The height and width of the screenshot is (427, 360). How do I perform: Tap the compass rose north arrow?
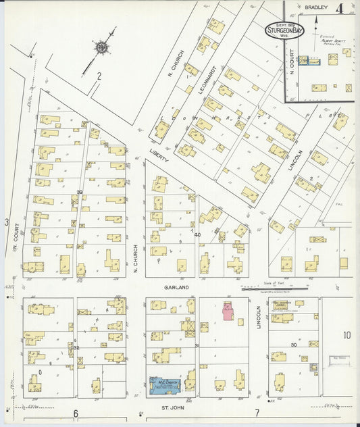(x=102, y=47)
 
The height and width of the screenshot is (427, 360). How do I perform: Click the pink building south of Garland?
(x=228, y=311)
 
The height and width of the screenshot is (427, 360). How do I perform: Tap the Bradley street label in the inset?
(x=315, y=7)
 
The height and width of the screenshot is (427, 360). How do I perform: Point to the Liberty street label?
(x=159, y=157)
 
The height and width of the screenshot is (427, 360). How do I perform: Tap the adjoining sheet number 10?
(x=346, y=334)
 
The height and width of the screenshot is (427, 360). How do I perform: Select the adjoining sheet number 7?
(x=257, y=413)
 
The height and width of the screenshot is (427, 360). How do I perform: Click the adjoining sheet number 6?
(x=76, y=413)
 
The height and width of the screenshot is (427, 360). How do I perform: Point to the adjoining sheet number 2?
(x=99, y=76)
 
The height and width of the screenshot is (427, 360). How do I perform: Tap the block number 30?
(x=294, y=345)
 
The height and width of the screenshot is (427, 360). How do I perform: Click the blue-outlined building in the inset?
(x=311, y=61)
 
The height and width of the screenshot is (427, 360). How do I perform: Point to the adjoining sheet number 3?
(x=7, y=222)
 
